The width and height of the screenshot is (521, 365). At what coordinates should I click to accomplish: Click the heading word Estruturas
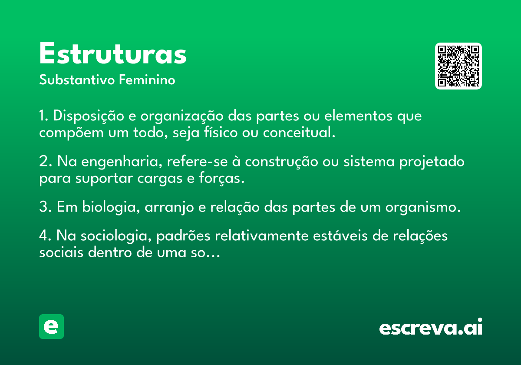113,53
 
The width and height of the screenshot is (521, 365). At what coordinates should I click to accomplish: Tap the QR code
458,66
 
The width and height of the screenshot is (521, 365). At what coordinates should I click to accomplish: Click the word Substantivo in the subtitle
77,80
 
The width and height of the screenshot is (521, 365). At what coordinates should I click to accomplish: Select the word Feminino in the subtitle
147,80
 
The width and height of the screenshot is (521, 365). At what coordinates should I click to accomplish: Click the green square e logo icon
51,326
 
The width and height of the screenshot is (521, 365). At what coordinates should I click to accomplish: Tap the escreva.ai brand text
431,326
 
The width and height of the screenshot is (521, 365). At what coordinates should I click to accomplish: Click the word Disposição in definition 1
89,116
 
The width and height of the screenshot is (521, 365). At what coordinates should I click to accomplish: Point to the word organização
182,116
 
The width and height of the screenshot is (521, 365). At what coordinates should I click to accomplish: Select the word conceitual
299,132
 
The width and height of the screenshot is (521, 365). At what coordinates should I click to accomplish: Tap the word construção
281,162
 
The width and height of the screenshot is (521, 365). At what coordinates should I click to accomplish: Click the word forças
222,178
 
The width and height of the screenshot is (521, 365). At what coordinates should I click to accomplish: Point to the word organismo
423,207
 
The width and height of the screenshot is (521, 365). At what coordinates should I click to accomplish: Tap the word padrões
183,236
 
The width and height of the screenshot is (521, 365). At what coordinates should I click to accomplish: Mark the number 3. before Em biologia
45,207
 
